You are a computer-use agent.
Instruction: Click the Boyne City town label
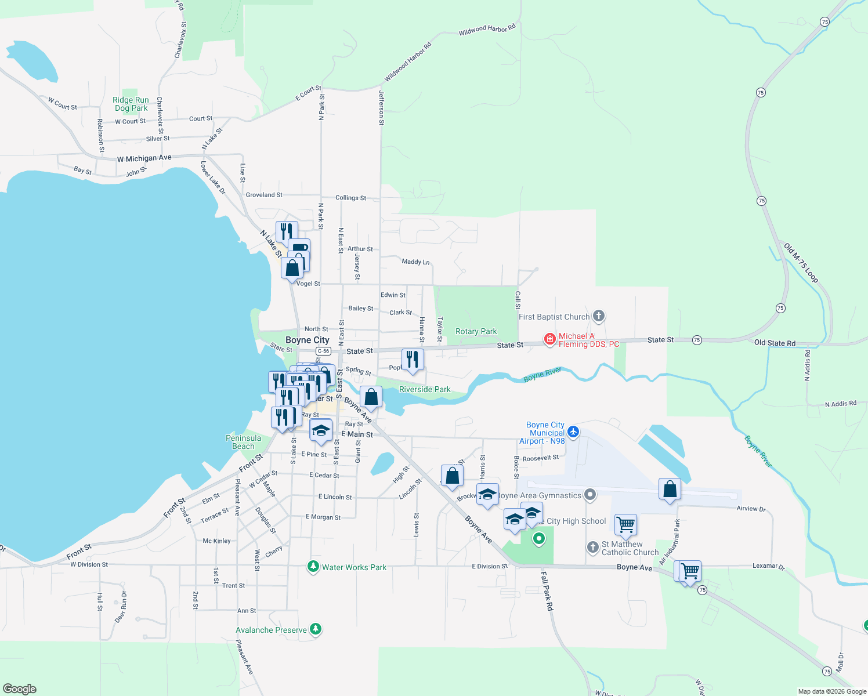click(307, 340)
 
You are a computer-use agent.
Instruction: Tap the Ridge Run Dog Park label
click(131, 104)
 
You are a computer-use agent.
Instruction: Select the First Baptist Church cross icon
click(599, 316)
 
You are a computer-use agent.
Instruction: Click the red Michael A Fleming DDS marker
click(549, 339)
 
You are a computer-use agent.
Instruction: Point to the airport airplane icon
click(573, 432)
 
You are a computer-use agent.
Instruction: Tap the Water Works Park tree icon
click(313, 566)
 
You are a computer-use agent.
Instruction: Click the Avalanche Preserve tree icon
click(316, 629)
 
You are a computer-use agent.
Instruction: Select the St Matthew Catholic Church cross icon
click(592, 547)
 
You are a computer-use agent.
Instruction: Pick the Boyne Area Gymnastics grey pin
click(590, 495)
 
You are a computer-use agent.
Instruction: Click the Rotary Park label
click(476, 331)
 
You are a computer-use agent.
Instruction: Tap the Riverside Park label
click(425, 389)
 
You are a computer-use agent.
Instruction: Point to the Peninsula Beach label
click(243, 442)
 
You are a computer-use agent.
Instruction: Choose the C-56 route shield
click(323, 351)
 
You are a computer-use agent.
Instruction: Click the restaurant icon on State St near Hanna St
click(413, 359)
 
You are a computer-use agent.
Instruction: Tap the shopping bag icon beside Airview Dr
click(670, 489)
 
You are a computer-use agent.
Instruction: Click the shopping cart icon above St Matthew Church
click(625, 524)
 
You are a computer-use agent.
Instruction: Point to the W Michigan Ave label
click(144, 158)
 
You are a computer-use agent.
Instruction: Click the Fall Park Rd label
click(547, 590)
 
